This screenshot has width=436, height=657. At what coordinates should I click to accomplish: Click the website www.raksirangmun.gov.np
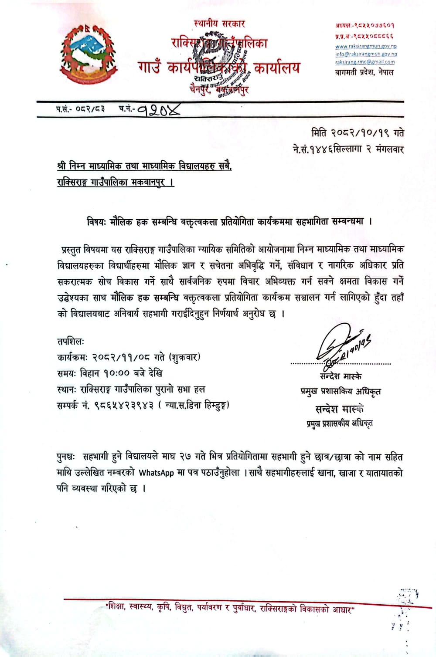coord(366,46)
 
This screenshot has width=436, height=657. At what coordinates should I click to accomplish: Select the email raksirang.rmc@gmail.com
coord(365,62)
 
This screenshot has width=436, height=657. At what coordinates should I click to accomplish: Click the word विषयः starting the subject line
coord(96,221)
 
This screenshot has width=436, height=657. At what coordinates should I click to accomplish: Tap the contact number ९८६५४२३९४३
coord(124,405)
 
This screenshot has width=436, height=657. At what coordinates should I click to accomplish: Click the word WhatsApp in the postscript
coord(156,473)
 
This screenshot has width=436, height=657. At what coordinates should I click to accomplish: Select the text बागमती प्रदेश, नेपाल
coord(364,72)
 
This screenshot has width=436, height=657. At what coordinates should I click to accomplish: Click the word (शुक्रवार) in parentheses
coord(184,357)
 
